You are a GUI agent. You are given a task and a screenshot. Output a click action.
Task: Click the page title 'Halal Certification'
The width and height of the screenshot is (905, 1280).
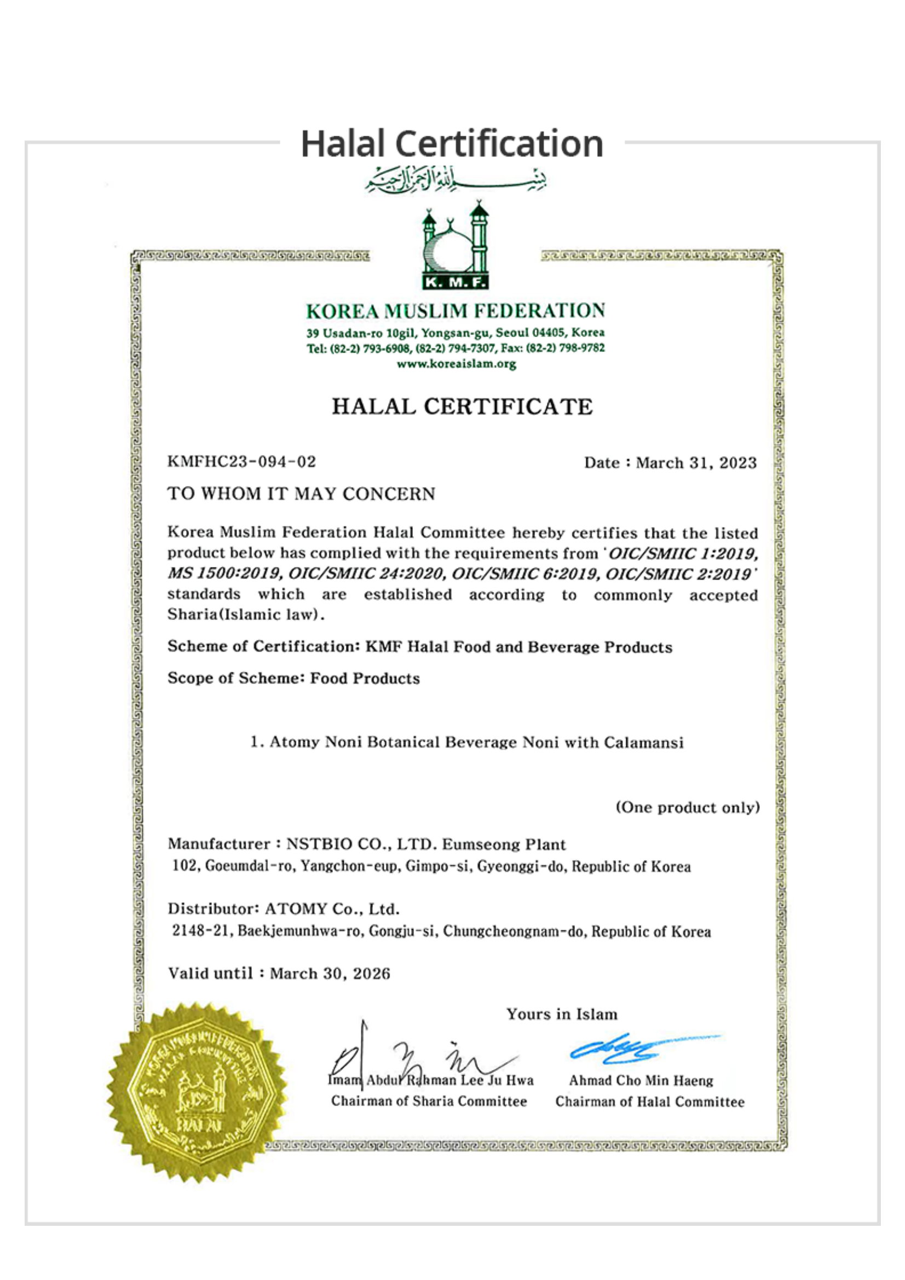click(x=452, y=144)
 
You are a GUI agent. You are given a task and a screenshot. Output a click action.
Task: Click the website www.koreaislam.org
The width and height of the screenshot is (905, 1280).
click(x=456, y=364)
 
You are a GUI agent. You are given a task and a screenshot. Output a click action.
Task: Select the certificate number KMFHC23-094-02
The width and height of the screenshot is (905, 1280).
click(x=242, y=462)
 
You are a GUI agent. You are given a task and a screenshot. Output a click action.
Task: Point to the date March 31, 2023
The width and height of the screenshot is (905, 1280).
click(x=696, y=463)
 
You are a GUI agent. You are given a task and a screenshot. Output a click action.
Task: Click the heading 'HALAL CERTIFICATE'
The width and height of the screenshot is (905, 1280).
click(x=462, y=407)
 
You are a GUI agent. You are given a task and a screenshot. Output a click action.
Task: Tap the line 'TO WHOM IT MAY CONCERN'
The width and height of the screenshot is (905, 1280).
click(x=301, y=494)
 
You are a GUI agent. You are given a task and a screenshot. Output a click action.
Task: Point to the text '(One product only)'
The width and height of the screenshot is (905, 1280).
click(x=688, y=807)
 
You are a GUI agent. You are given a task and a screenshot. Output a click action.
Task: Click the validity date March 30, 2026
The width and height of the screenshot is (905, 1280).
click(x=330, y=974)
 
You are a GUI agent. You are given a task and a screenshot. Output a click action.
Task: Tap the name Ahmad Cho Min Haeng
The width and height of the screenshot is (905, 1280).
click(x=641, y=1080)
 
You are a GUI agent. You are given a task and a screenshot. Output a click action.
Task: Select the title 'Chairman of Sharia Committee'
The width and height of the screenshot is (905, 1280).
click(x=429, y=1101)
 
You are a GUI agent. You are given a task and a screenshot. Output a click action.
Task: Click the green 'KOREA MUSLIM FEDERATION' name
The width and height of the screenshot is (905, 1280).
click(x=456, y=310)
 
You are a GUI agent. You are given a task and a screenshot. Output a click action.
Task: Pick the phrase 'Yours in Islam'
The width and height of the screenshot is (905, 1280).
click(x=562, y=1014)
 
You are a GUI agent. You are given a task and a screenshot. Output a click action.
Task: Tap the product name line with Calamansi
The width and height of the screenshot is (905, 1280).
click(x=466, y=743)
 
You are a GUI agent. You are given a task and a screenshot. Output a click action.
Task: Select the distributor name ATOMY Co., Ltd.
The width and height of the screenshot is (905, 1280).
click(x=332, y=910)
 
